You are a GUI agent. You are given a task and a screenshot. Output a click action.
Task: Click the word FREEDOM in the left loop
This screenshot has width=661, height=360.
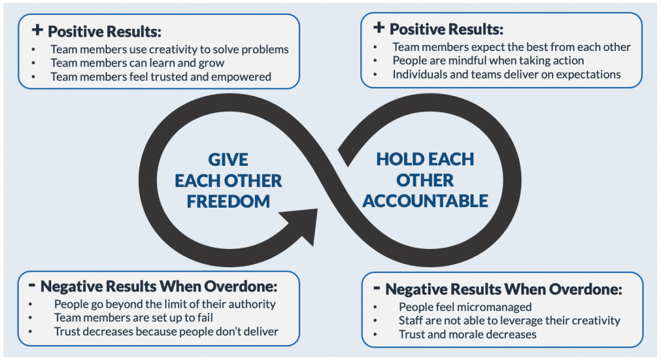(x=229, y=201)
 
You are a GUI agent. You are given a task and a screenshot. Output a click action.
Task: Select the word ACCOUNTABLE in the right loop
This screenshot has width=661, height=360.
(x=425, y=201)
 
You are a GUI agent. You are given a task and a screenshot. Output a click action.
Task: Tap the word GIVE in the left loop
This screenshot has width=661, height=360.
(x=228, y=159)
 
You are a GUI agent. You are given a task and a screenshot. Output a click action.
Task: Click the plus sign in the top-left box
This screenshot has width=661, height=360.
(x=37, y=30)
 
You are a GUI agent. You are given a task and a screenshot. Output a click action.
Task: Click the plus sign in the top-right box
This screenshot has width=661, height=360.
(x=379, y=28)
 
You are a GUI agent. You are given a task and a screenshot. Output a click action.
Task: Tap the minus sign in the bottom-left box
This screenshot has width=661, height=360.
(x=32, y=285)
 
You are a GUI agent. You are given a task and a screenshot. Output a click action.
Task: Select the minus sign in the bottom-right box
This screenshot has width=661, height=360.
(x=376, y=288)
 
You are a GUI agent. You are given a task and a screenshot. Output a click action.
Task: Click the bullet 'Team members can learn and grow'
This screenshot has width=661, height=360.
(x=137, y=63)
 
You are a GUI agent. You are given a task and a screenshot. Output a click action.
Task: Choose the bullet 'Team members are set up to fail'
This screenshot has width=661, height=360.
(x=143, y=317)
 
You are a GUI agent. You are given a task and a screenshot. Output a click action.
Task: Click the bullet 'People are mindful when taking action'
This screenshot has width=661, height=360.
(x=488, y=61)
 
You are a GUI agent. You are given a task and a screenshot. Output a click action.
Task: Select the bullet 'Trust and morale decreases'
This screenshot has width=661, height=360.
(x=467, y=334)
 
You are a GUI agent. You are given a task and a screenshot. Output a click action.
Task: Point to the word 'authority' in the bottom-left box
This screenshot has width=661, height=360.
(x=253, y=304)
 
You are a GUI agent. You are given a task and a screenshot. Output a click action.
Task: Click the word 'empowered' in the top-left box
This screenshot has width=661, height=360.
(x=245, y=77)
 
